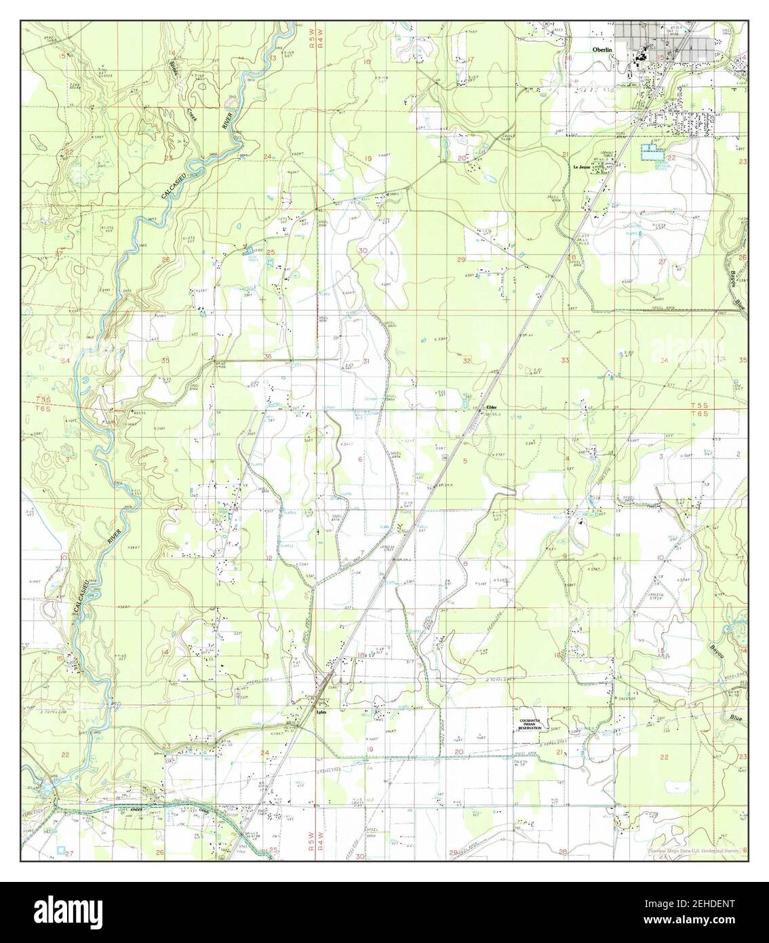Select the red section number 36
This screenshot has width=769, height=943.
[269, 357]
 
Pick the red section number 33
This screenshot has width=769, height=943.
[565, 360]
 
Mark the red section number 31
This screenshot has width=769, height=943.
[366, 362]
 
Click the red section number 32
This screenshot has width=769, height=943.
[467, 361]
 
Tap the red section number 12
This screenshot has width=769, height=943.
[269, 558]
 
